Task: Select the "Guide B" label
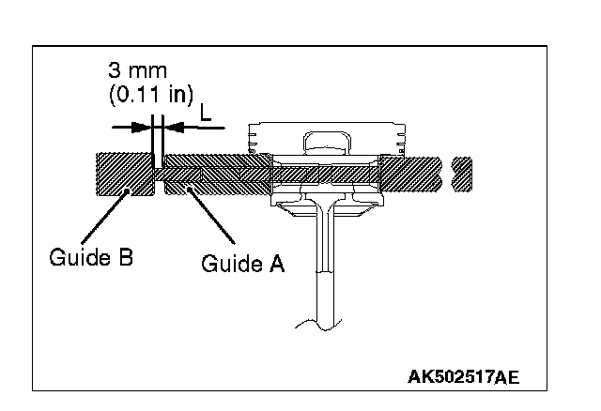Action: coord(91,255)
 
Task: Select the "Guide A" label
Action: coord(242,264)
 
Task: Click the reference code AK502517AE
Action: coord(464,377)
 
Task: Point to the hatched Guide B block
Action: coord(125,175)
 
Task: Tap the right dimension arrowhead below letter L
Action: coord(172,125)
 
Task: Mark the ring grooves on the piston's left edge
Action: coord(251,141)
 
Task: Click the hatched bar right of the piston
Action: coord(413,175)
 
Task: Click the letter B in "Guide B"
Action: coord(125,255)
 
